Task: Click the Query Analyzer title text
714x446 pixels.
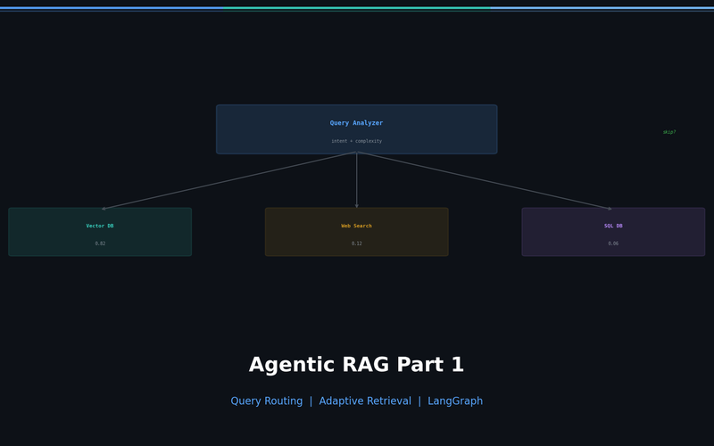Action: point(356,123)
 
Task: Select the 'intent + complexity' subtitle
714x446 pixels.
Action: point(356,141)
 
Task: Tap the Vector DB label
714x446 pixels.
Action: point(100,226)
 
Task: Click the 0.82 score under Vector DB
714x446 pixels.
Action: point(100,244)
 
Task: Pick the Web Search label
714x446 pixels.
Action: point(356,226)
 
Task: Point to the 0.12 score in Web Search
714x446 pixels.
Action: point(356,244)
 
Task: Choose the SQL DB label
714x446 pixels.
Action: point(613,226)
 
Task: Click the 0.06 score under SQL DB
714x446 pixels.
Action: point(613,244)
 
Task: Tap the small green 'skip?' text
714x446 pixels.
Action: point(669,132)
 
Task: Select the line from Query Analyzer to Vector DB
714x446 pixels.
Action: point(229,180)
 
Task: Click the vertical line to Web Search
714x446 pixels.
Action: point(357,178)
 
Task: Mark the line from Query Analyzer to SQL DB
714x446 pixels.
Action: point(484,180)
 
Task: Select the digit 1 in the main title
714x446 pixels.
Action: point(457,366)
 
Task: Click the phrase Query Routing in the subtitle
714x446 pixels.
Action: point(266,401)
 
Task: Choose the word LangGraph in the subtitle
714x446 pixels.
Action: point(455,401)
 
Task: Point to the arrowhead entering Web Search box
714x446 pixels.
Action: point(357,206)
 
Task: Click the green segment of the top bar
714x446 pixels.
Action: point(357,8)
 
